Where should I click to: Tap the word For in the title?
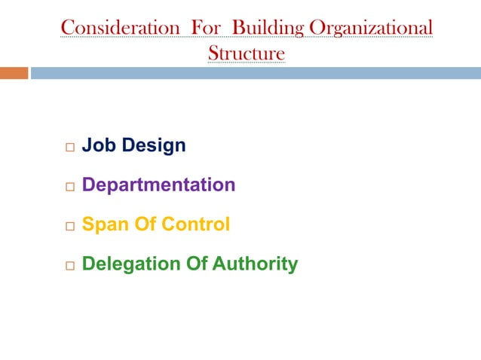pos(206,28)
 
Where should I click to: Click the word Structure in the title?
pos(247,53)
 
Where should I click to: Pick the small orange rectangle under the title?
pos(14,73)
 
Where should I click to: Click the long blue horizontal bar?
pos(255,73)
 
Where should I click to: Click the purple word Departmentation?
pos(158,185)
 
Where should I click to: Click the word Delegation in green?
pos(121,264)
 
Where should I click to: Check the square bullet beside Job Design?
pos(68,146)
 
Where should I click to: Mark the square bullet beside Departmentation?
pos(68,186)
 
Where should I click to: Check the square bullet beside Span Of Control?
pos(68,226)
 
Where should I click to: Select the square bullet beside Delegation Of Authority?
pos(68,266)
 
